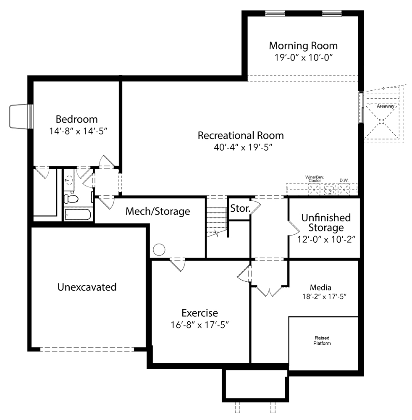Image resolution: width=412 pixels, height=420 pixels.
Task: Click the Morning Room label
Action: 303,45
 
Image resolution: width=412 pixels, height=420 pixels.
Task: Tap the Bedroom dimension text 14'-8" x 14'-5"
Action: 78,131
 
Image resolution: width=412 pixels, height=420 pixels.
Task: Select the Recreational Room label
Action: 241,135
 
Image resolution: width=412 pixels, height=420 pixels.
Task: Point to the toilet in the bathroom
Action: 71,199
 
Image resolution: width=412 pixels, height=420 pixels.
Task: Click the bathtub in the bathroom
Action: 78,215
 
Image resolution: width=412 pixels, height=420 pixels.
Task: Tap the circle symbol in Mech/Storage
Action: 159,249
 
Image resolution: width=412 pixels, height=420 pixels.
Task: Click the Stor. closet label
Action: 240,208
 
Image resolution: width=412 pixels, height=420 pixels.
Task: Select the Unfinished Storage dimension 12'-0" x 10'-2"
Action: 326,239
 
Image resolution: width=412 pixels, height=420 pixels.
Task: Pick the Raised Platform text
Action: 322,341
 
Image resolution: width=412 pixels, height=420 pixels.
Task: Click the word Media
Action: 320,287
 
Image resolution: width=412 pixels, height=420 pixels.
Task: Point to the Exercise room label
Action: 199,313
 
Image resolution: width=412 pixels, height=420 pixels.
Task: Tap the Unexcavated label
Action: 87,287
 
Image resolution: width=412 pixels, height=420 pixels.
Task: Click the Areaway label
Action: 386,106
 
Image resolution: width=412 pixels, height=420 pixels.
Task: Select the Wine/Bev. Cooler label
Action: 315,179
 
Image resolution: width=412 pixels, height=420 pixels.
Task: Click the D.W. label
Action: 344,180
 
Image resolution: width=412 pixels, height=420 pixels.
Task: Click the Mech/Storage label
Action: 158,211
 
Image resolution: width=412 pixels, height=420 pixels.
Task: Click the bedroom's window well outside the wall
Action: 19,116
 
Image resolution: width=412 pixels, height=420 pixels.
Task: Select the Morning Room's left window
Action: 275,13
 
